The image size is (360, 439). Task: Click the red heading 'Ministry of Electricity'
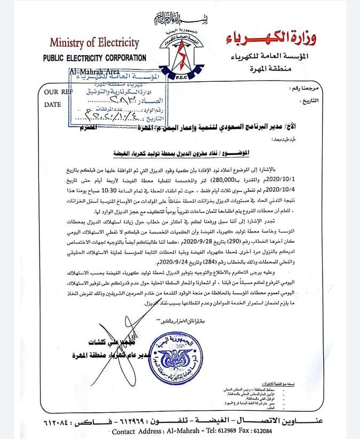(95, 43)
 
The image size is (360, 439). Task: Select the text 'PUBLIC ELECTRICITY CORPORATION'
(95, 58)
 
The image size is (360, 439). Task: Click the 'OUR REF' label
(54, 92)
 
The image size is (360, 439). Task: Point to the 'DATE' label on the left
(53, 105)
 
